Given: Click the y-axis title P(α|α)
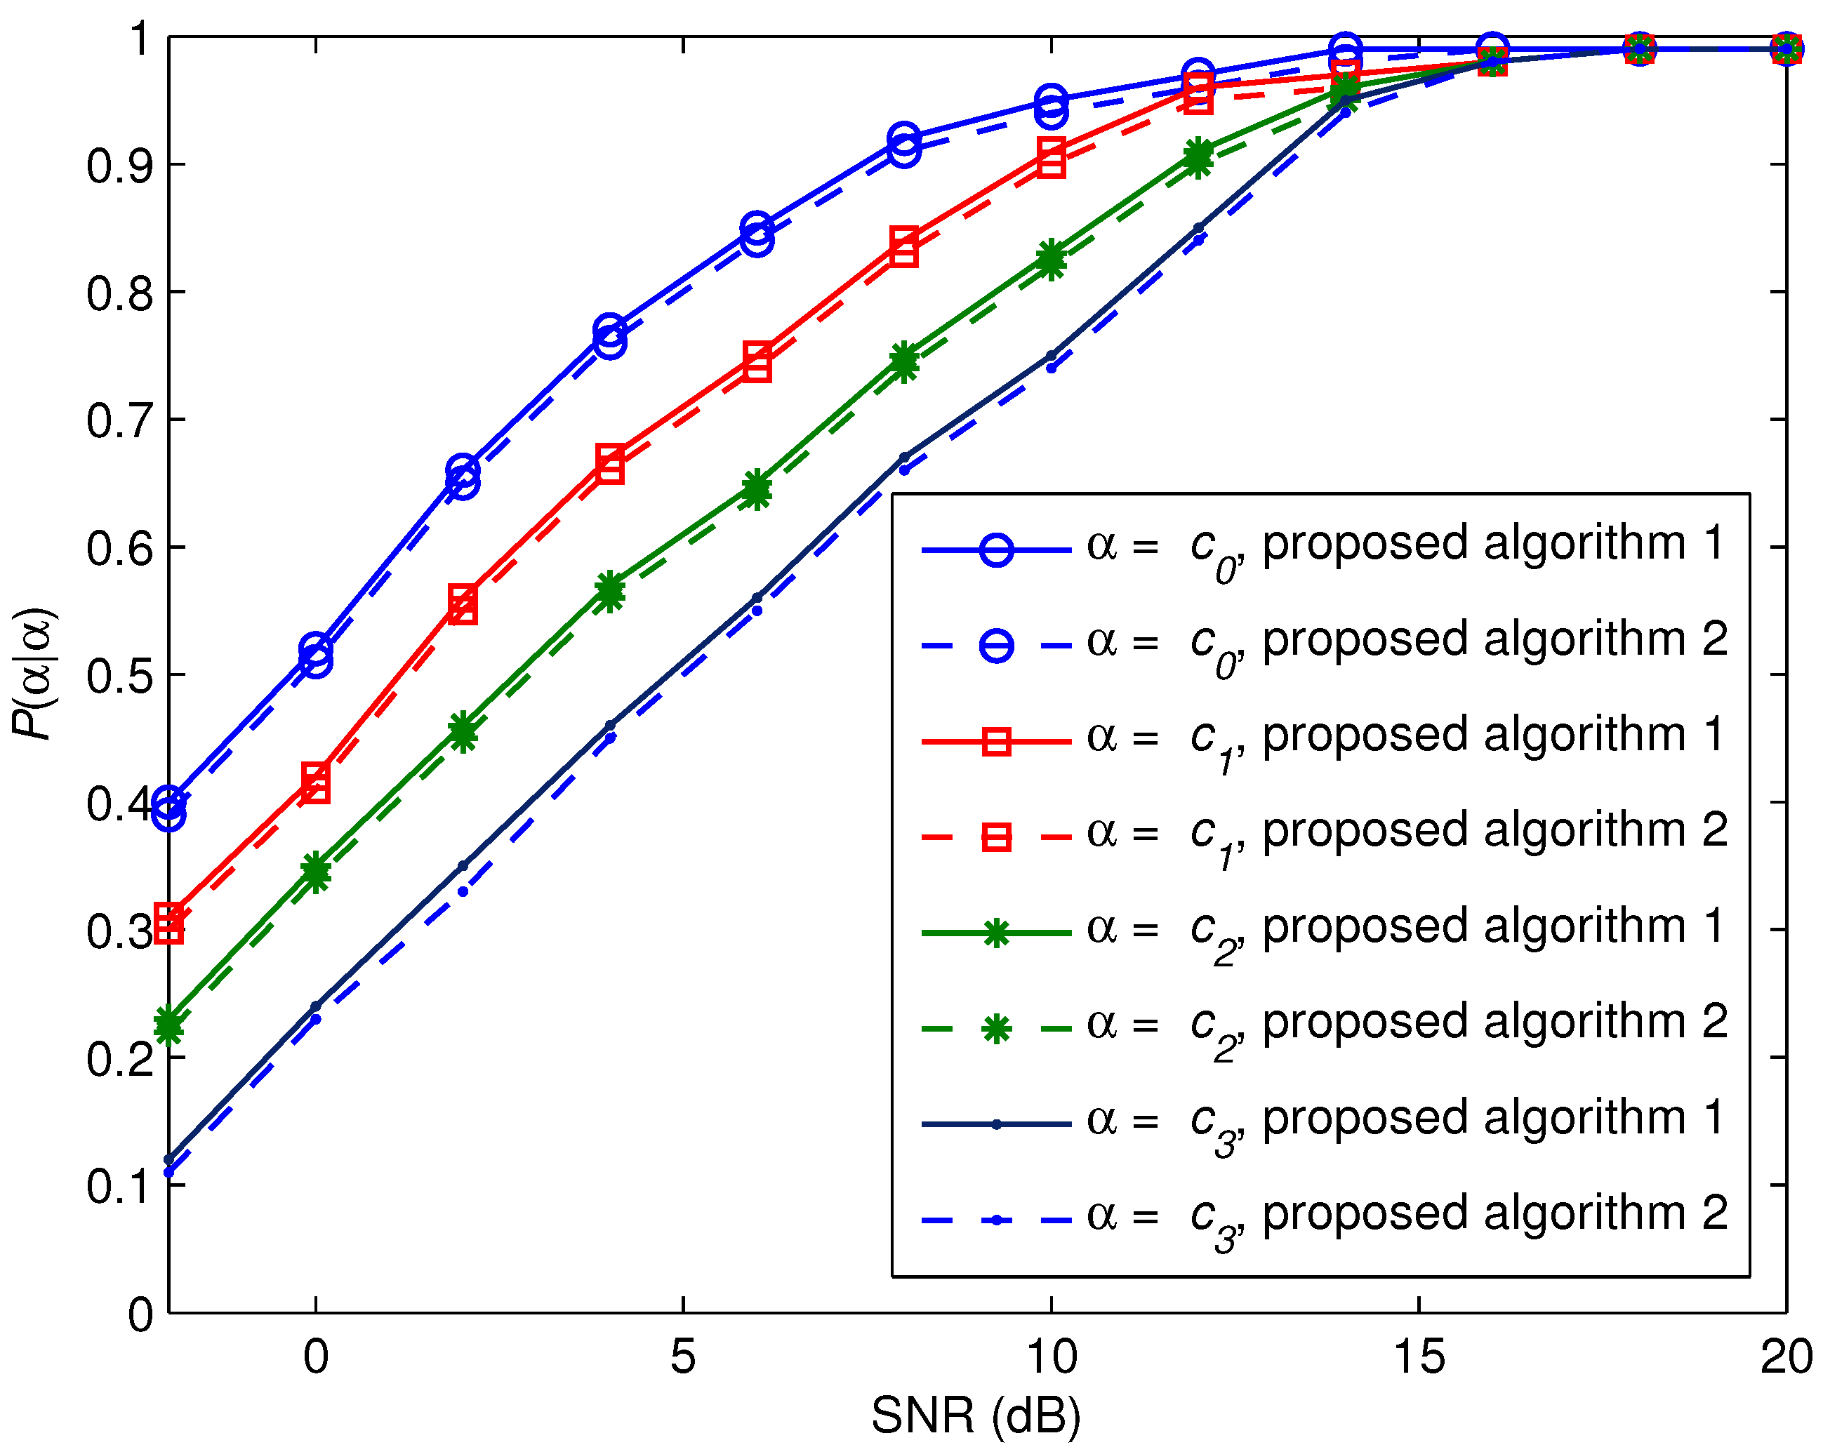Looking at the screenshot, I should (34, 674).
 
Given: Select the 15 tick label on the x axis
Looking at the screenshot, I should (1418, 1357).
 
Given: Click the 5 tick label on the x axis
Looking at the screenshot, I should (682, 1357).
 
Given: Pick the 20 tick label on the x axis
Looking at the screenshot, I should (1785, 1357).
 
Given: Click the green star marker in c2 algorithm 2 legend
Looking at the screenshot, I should (996, 1029).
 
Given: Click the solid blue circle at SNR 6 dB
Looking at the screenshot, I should (757, 228).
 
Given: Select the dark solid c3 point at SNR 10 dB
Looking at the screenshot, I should (1051, 356).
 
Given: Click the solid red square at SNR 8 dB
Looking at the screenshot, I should (904, 241).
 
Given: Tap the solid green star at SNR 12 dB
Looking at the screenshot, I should (1198, 153).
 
